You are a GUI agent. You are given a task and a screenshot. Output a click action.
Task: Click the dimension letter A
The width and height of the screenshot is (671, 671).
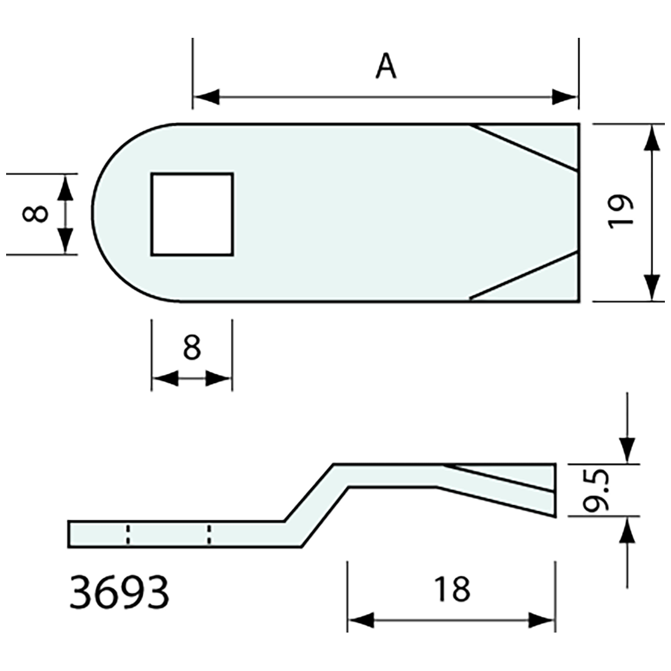(386, 66)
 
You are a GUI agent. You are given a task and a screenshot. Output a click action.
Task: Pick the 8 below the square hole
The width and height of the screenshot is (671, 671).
(192, 348)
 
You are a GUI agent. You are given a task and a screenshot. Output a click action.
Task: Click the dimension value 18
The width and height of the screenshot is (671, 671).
(452, 590)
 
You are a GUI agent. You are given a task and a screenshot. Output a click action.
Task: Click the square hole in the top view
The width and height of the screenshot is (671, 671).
(192, 213)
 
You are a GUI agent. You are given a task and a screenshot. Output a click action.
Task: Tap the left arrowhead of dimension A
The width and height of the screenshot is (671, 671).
(206, 97)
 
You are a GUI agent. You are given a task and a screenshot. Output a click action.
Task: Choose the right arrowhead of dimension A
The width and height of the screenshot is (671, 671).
(564, 97)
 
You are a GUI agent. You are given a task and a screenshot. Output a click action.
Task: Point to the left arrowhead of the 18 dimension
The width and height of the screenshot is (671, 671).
(361, 621)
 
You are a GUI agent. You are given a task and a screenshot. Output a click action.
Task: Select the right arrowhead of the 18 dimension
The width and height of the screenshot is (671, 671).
(542, 621)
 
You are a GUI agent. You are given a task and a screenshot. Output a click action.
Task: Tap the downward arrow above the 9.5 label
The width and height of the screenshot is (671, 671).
(627, 450)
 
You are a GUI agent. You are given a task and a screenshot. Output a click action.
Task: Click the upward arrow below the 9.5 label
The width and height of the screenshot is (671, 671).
(627, 531)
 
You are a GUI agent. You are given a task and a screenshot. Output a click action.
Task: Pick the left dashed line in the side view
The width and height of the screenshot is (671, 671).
(127, 534)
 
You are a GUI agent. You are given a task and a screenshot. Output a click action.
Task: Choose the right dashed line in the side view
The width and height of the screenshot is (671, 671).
(209, 534)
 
